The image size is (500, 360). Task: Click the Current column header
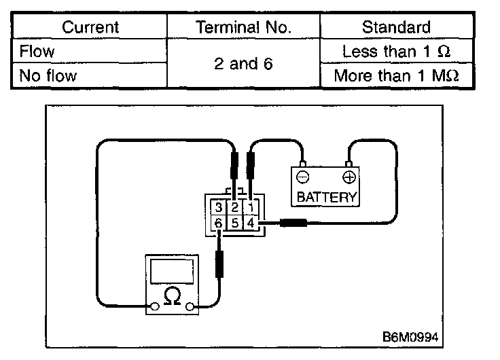coord(90,27)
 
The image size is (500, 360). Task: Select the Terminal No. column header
coord(243,27)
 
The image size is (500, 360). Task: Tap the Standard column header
coord(396,27)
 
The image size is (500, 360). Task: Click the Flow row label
coord(38,52)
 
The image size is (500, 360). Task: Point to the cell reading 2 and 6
coord(243,64)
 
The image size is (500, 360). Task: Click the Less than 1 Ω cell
coord(397,52)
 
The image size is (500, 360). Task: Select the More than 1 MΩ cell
coord(397,75)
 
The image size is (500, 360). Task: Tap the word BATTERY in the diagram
coord(326,198)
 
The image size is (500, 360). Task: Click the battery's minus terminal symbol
coord(303,179)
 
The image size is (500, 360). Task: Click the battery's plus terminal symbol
coord(349,179)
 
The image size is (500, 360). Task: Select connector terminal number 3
coord(218,207)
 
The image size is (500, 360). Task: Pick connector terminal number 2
coord(234,207)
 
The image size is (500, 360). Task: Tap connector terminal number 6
coord(218,223)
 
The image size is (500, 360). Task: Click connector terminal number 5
coord(234,223)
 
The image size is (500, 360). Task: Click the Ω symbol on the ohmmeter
coord(173,297)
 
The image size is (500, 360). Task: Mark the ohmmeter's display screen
coord(173,272)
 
